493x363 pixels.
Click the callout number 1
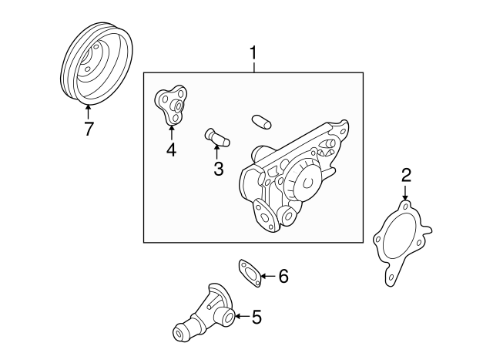pyautogui.click(x=252, y=54)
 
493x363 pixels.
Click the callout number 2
pyautogui.click(x=405, y=176)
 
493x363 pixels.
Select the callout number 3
pyautogui.click(x=218, y=168)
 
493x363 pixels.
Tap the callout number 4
pyautogui.click(x=171, y=150)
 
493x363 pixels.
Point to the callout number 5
pyautogui.click(x=257, y=315)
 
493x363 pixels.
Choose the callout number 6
pyautogui.click(x=283, y=275)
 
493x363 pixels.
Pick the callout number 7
pyautogui.click(x=89, y=129)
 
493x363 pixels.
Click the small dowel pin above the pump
pyautogui.click(x=260, y=121)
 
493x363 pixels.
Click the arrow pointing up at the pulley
pyautogui.click(x=88, y=114)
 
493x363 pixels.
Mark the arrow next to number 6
pyautogui.click(x=267, y=275)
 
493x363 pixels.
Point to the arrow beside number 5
pyautogui.click(x=240, y=315)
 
